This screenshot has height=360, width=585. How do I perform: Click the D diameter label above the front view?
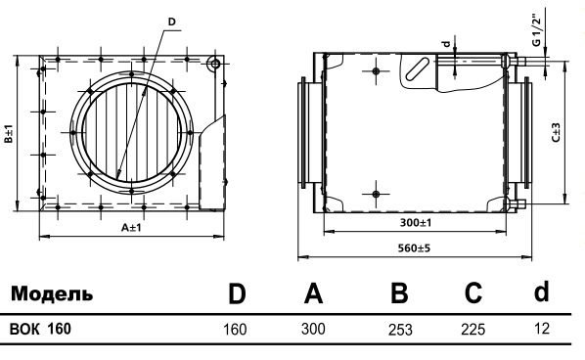coord(171,22)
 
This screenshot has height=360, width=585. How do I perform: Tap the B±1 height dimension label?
coord(8,134)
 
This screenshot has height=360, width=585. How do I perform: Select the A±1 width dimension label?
coord(131,227)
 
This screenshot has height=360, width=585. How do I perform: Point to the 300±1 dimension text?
coord(416,223)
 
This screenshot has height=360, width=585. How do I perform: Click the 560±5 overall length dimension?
coord(414,248)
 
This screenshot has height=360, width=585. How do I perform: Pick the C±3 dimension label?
coord(556,132)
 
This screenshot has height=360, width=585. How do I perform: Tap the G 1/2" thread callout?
coord(536,30)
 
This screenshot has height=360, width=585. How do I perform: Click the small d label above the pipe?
coord(446,44)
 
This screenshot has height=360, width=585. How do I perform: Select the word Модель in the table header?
coord(52,294)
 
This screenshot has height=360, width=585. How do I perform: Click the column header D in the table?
coord(237,294)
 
